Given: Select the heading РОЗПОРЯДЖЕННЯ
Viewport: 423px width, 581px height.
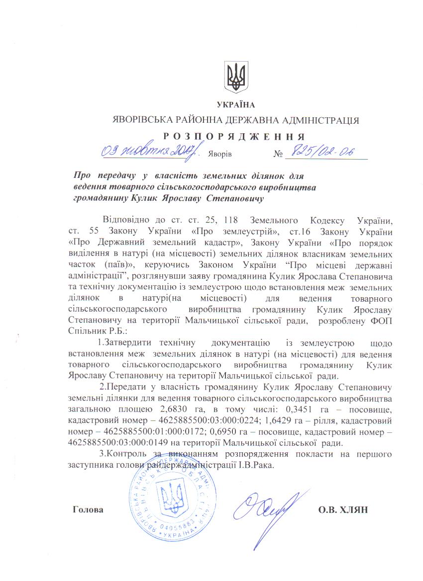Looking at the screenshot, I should [234, 136].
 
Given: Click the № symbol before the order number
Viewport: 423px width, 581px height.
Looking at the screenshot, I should [278, 155].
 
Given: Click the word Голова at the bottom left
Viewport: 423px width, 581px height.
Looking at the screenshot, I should [88, 510].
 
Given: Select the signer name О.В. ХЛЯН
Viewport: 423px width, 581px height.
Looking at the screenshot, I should [342, 510].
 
